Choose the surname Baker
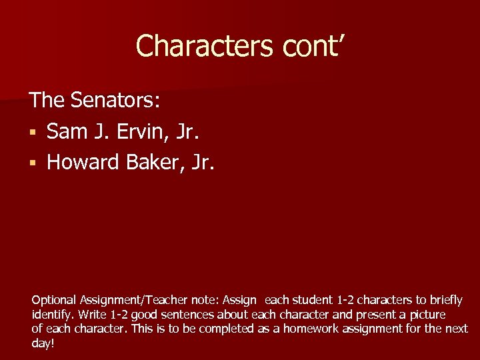[x=154, y=162]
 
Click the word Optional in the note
[x=54, y=301]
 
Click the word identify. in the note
[x=53, y=315]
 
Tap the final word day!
[x=43, y=343]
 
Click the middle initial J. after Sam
[x=97, y=131]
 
